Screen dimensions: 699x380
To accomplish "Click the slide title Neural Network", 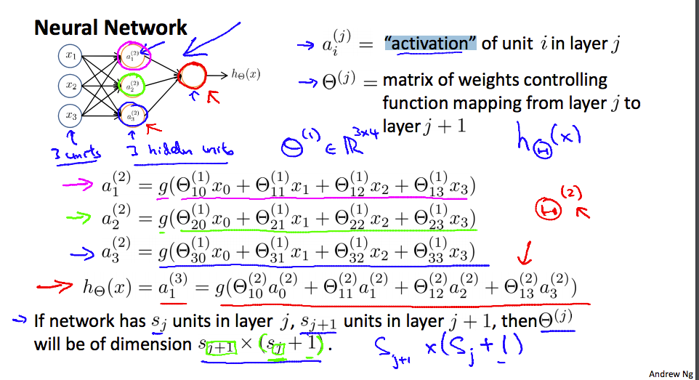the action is click(110, 28).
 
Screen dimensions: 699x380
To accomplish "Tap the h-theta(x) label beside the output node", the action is click(246, 75).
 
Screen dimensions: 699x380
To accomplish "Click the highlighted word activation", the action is click(430, 44).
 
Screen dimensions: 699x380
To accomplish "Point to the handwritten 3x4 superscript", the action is click(365, 132).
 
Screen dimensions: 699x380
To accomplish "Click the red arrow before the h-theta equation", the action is click(54, 286).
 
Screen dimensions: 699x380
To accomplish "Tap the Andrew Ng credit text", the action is click(671, 373).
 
